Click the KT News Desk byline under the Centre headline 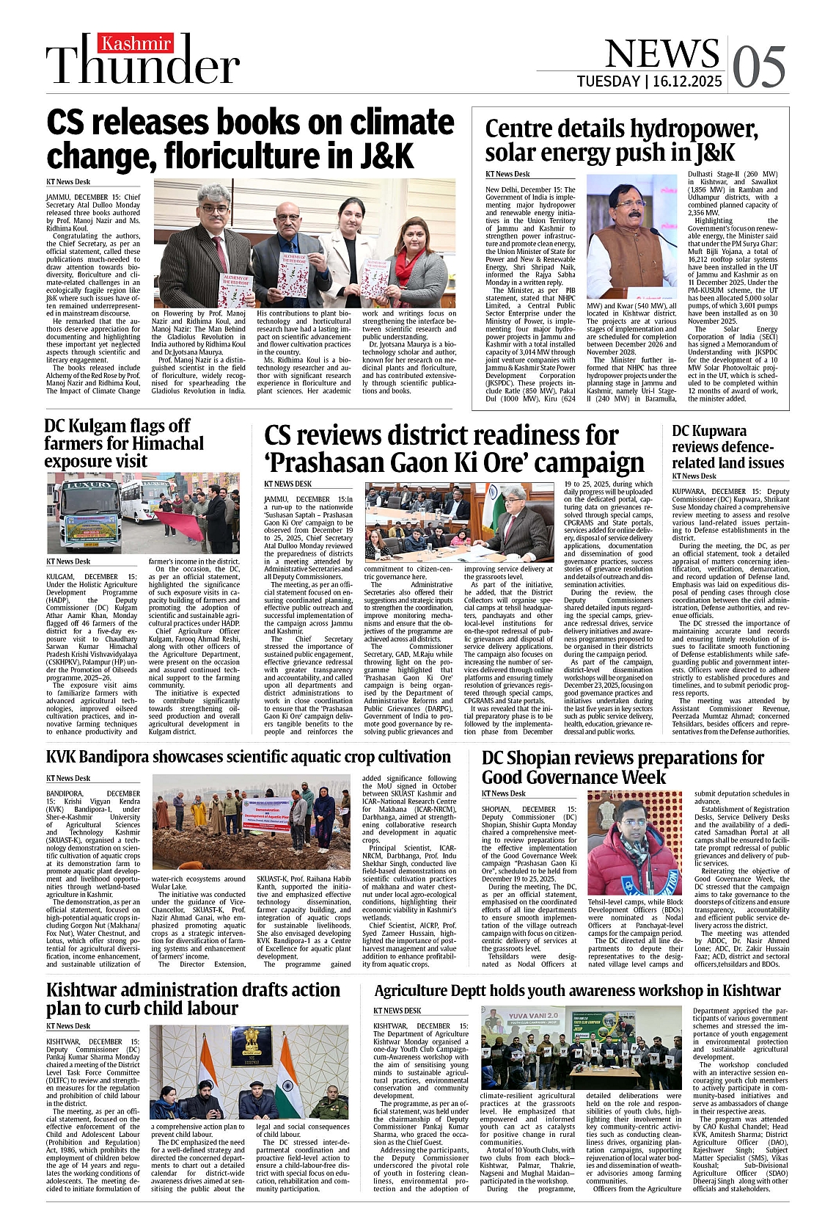coord(507,174)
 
